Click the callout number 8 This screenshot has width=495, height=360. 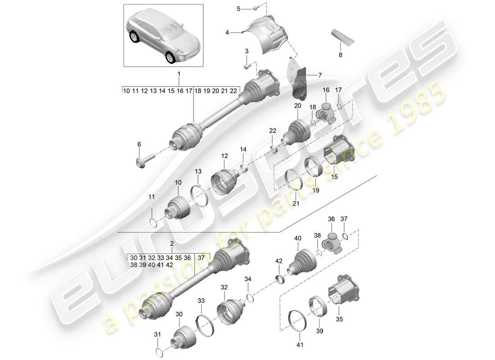pos(340,54)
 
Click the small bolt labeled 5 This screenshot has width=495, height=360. pos(255,7)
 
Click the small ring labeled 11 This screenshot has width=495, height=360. pos(153,223)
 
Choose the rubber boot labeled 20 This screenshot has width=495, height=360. pos(297,130)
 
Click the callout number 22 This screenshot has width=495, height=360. pos(272,130)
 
